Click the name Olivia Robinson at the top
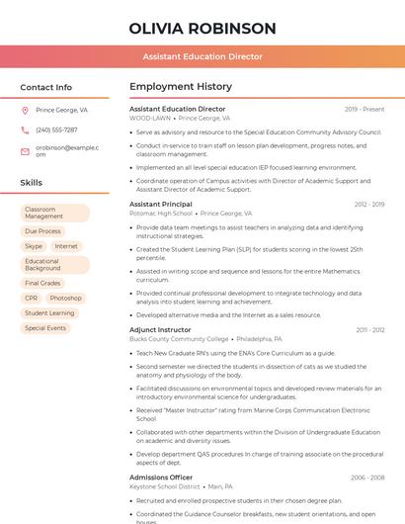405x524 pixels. coord(202,28)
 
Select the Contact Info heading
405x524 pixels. coord(46,87)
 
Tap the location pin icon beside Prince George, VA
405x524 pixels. coord(25,111)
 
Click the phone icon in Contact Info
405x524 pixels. coord(25,130)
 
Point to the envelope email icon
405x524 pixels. coord(25,150)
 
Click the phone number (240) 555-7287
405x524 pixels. coord(56,130)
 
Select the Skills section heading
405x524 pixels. coord(32,183)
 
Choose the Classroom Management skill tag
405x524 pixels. coord(54,213)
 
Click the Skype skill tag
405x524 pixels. coord(34,246)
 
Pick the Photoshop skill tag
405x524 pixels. coord(66,298)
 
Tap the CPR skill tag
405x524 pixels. coord(32,298)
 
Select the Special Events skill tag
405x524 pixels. coord(45,327)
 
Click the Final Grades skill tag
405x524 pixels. coord(42,283)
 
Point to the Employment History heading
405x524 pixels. coord(181,87)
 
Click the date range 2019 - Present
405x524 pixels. coord(364,110)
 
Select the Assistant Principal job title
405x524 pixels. coord(161,205)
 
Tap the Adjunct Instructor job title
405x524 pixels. coord(160,329)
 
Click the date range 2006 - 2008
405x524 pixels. coord(367,478)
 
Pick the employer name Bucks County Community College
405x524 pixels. coord(179,338)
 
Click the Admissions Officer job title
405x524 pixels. coord(161,478)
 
